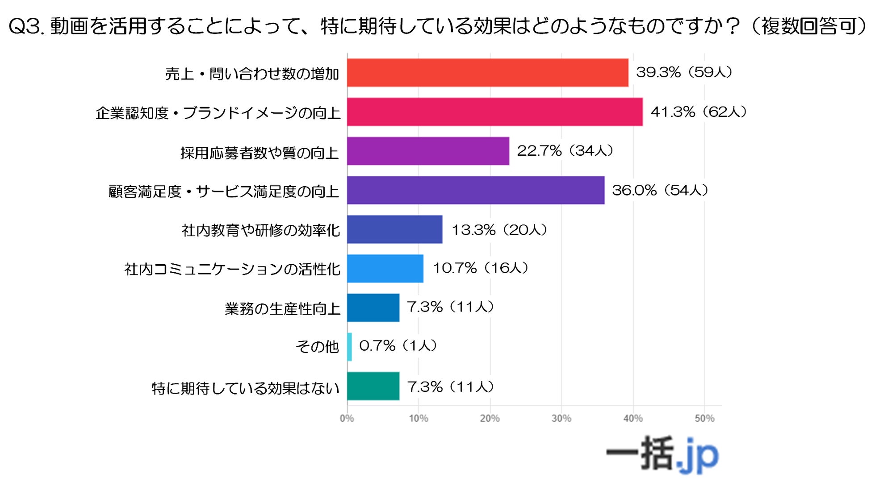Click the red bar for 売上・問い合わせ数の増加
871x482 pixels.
coord(487,73)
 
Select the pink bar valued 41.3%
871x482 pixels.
coord(494,112)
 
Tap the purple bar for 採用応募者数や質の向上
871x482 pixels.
coord(428,151)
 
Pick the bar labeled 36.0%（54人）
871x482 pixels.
coord(476,191)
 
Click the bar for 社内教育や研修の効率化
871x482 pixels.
coord(395,229)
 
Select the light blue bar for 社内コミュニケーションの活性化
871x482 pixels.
coord(385,269)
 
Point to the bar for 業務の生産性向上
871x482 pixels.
coord(373,308)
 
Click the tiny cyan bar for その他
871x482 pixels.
coord(349,347)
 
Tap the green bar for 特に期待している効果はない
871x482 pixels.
coord(373,386)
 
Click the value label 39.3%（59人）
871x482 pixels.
coord(684,72)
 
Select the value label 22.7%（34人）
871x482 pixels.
coord(565,151)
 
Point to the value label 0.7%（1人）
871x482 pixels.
coord(398,346)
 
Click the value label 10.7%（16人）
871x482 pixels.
coord(481,268)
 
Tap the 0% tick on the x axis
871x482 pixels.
coord(347,419)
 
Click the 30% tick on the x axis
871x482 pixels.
coord(561,419)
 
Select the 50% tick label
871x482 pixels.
coord(704,419)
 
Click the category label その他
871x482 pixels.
coord(317,347)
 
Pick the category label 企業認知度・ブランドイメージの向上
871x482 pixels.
coord(218,113)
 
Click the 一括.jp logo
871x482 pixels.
coord(662,454)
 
